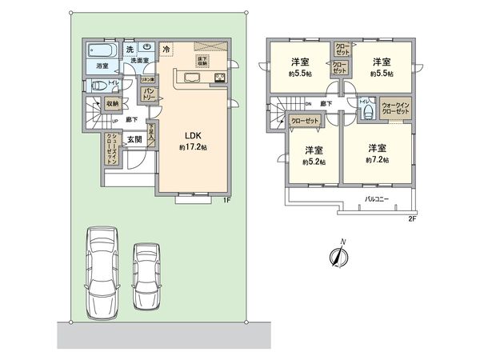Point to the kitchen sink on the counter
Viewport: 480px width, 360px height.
193,78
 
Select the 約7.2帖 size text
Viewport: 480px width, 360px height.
378,160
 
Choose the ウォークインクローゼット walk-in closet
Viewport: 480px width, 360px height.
395,108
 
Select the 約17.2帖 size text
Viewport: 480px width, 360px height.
193,148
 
